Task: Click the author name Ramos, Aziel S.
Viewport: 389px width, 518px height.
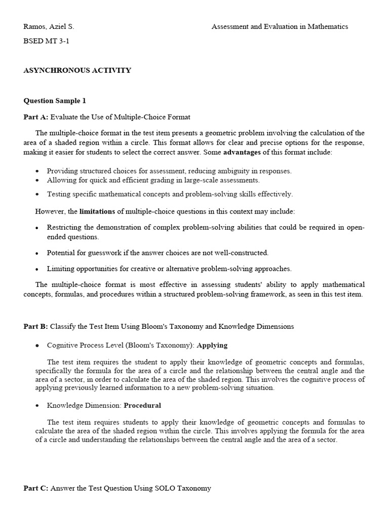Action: point(49,27)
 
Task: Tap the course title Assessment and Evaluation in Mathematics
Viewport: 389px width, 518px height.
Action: point(280,27)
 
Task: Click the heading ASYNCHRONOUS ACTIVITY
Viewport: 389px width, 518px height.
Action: point(77,70)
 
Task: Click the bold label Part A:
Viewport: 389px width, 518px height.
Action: point(36,117)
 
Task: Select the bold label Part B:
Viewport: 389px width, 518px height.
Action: point(36,327)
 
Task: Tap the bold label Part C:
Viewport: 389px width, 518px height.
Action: point(36,488)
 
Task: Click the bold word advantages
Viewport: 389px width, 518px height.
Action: point(242,152)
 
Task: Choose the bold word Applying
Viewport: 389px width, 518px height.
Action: point(212,346)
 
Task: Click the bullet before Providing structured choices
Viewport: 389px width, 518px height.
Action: point(37,171)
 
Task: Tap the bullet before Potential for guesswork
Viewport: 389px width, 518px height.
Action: point(37,253)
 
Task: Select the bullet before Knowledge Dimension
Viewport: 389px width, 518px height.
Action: point(37,406)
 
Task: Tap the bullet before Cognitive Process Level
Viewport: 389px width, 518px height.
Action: point(37,346)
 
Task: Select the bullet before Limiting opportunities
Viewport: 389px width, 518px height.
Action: point(37,269)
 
